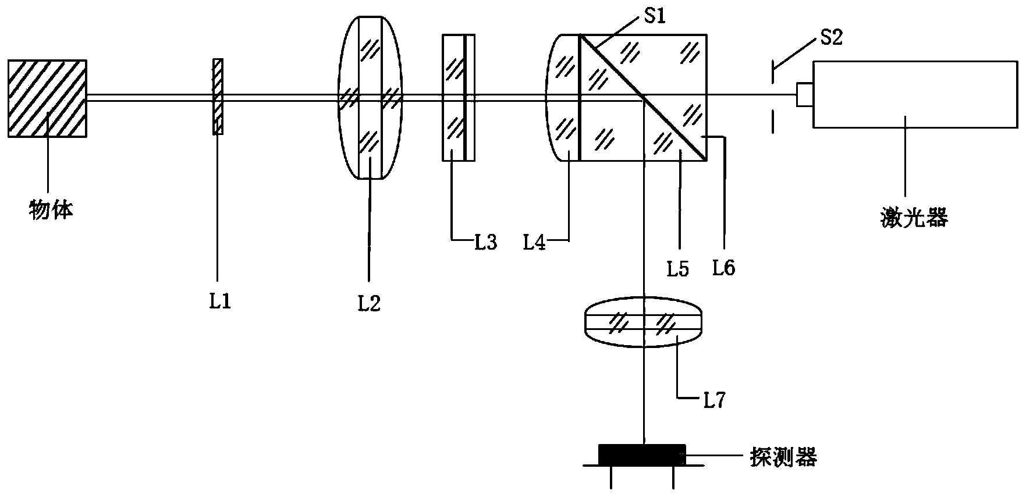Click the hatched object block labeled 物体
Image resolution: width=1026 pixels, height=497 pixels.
point(47,98)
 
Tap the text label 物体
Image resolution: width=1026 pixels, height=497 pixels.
point(51,209)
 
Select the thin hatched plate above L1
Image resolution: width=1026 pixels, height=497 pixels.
point(218,97)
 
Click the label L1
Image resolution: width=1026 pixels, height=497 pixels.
point(219,301)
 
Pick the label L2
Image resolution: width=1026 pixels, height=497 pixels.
point(370,303)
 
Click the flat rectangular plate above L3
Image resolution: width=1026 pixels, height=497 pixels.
point(459,97)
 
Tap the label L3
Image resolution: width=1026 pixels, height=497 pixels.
point(485,241)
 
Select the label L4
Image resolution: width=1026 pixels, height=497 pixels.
point(535,241)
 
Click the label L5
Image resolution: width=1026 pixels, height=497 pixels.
point(677,268)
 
